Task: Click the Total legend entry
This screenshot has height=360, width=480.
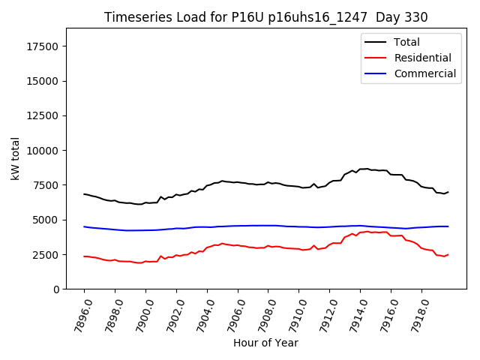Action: click(406, 42)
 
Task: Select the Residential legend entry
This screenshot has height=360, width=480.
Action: click(422, 58)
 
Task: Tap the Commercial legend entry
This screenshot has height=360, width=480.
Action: click(424, 73)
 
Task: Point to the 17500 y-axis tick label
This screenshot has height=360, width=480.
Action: click(43, 46)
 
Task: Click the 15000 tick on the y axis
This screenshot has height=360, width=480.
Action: click(43, 81)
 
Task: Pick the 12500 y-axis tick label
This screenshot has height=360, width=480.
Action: click(43, 115)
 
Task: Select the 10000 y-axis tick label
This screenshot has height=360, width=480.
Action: click(43, 150)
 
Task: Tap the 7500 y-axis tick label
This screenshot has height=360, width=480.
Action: click(46, 185)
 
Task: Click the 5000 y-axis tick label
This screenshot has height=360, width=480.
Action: click(46, 220)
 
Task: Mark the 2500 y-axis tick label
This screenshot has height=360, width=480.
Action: click(46, 254)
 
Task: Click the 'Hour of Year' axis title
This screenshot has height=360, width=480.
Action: click(265, 343)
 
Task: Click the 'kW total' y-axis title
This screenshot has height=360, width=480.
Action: click(15, 158)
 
